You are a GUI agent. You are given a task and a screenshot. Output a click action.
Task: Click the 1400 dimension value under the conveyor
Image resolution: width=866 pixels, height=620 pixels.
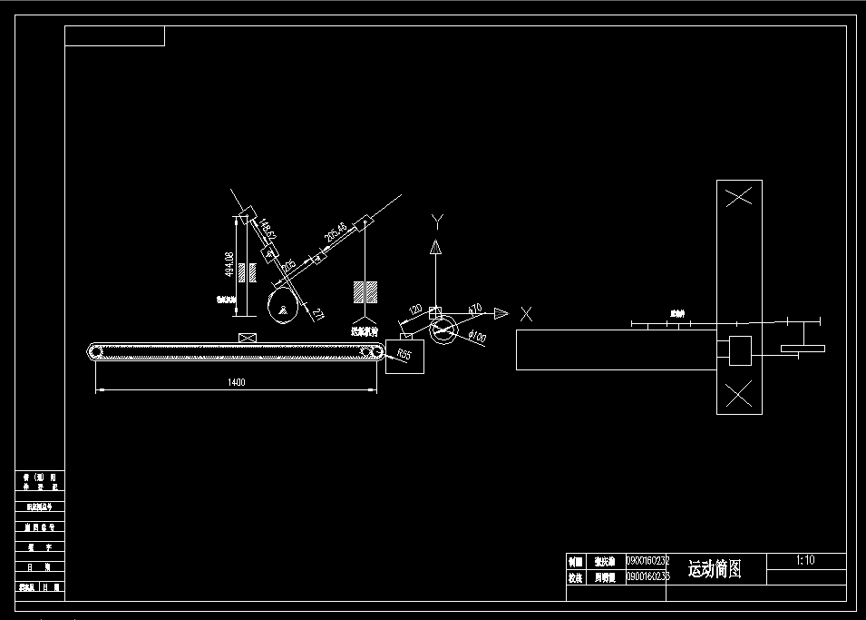237,382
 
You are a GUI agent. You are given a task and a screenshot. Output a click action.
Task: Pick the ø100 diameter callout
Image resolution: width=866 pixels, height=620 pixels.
477,338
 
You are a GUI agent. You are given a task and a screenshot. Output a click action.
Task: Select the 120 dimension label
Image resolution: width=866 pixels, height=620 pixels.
416,310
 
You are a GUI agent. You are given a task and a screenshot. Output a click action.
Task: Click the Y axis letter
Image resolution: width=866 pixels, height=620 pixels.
436,220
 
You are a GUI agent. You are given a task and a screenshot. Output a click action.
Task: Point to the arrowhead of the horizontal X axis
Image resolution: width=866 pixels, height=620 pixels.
501,313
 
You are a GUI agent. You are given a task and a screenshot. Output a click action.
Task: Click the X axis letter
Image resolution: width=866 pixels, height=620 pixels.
526,314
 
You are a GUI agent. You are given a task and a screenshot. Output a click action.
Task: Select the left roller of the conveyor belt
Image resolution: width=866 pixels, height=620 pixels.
96,352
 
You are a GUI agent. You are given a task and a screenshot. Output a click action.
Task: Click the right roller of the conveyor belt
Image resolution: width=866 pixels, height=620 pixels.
372,352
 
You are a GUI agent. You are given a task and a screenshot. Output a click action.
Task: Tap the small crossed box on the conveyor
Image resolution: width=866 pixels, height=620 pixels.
246,338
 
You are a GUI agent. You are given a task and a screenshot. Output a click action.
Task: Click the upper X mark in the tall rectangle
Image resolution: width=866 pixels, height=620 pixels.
739,196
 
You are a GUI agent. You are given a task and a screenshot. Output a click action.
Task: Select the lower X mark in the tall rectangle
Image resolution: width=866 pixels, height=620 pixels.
739,394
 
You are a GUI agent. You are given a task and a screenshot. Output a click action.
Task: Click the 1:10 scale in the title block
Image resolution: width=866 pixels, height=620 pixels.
805,560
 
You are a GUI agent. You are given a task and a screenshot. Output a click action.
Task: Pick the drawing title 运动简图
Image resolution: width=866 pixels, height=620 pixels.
715,569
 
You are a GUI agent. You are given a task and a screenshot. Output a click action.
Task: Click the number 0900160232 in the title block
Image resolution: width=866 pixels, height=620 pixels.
647,561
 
